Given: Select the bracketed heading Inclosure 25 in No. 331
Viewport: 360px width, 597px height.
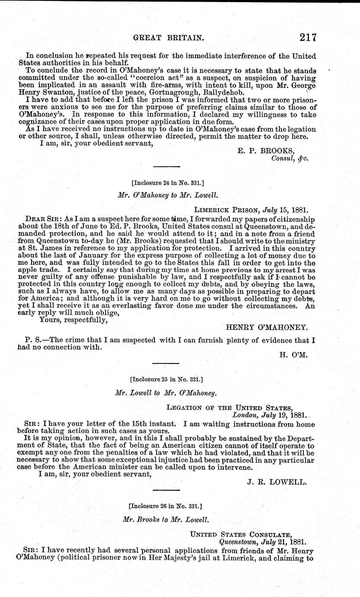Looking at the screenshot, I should (x=166, y=379).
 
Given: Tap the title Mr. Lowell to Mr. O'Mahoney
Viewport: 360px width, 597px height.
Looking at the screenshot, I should (x=166, y=393).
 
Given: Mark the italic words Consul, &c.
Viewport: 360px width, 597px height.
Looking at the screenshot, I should (x=289, y=158).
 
